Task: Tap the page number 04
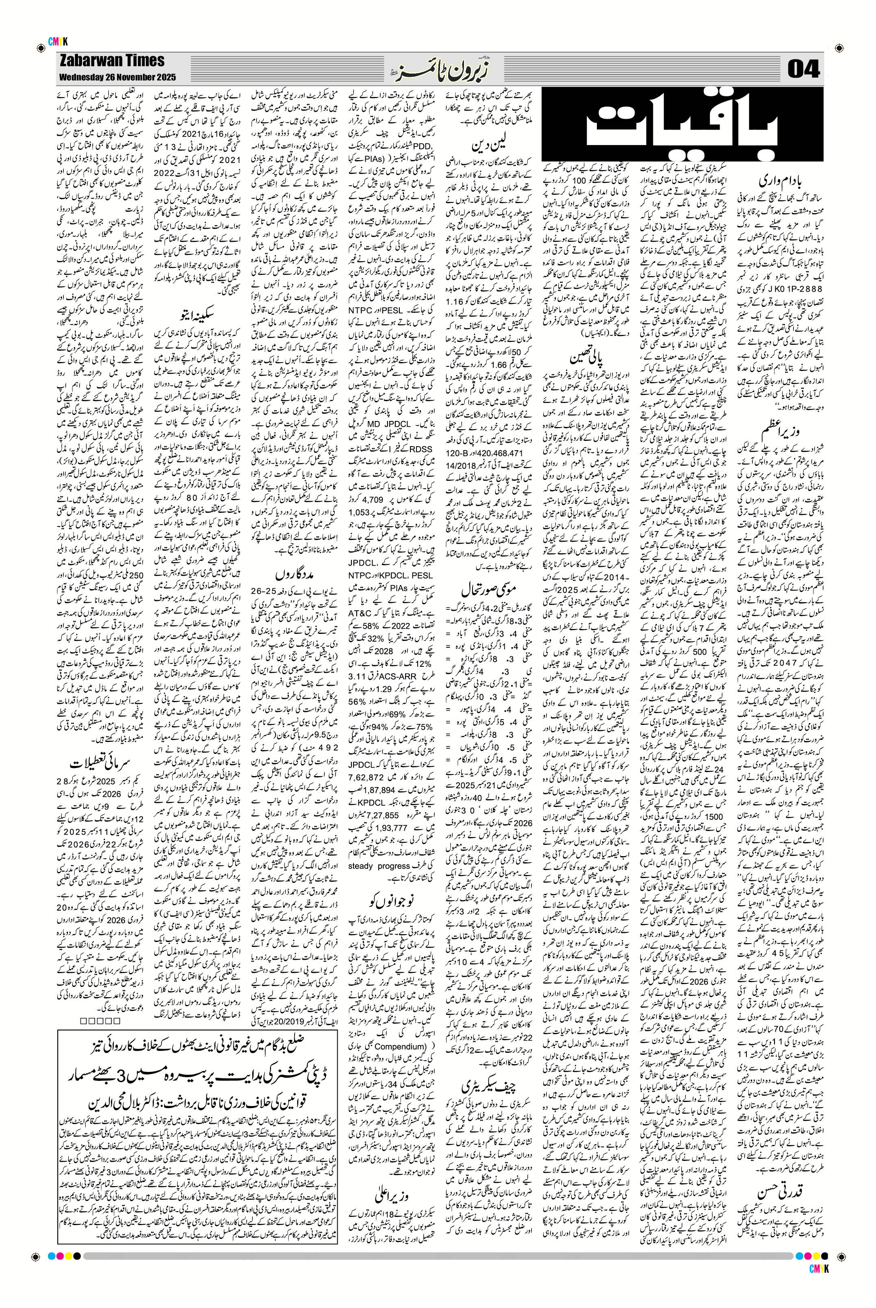point(803,70)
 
